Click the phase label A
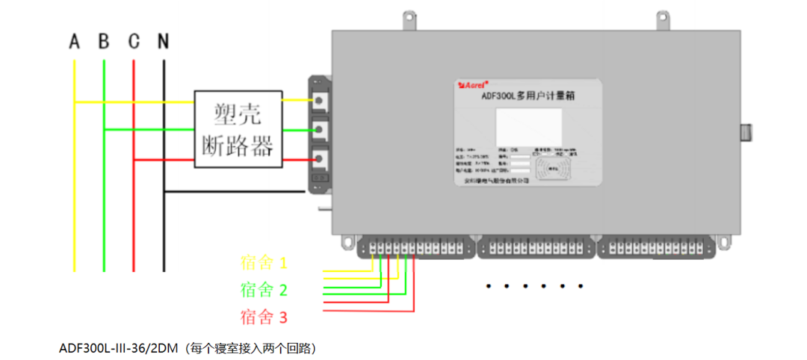[x=74, y=41]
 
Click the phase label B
[x=104, y=41]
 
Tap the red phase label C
[x=133, y=41]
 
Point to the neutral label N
[x=163, y=41]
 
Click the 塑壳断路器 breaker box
[x=238, y=129]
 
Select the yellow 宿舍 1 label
[x=264, y=263]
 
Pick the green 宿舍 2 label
[x=264, y=290]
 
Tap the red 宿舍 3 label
[x=264, y=317]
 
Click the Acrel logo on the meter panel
[x=472, y=85]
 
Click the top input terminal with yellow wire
[x=320, y=99]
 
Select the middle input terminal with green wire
[x=320, y=129]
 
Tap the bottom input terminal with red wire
[x=320, y=158]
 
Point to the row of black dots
[x=534, y=286]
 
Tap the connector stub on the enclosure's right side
[x=745, y=133]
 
